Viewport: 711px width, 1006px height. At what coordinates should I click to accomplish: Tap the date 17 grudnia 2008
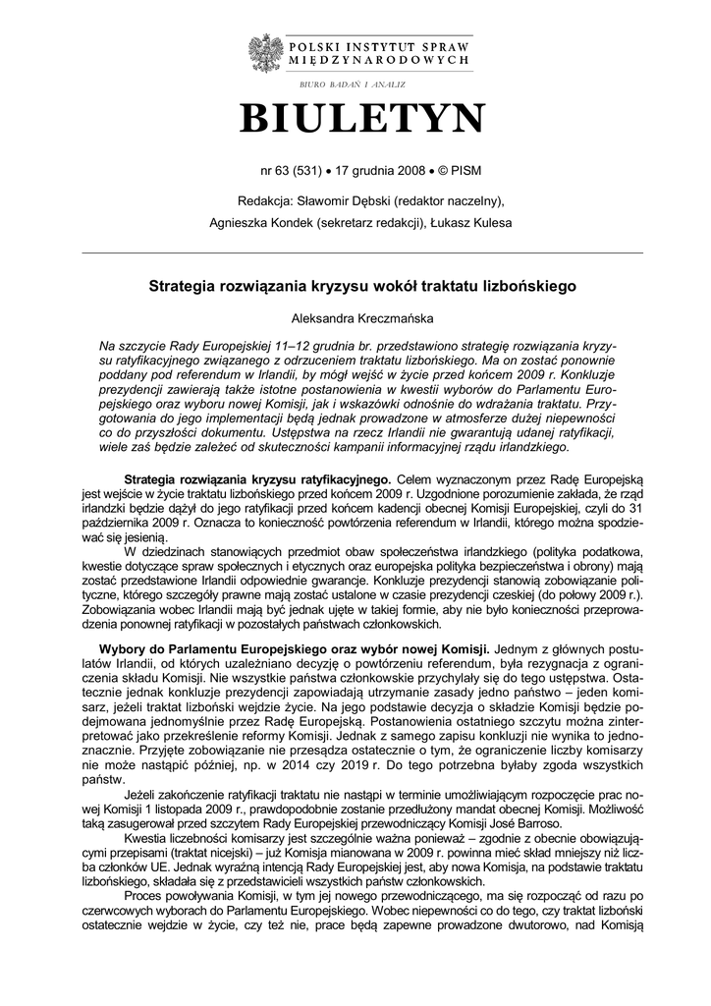click(376, 170)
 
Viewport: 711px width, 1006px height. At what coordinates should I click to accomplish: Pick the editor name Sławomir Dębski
click(341, 201)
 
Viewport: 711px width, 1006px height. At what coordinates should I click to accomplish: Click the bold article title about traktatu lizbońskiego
click(361, 287)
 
